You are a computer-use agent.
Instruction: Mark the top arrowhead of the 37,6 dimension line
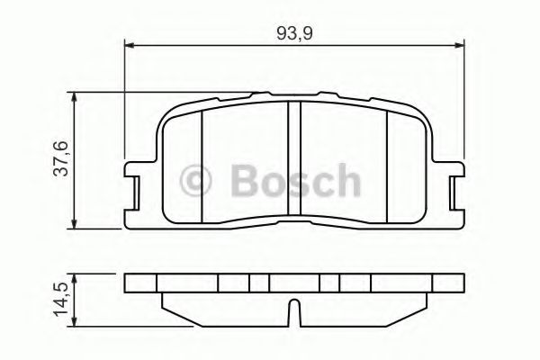[74, 95]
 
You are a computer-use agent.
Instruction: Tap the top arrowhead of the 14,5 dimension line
[74, 277]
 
